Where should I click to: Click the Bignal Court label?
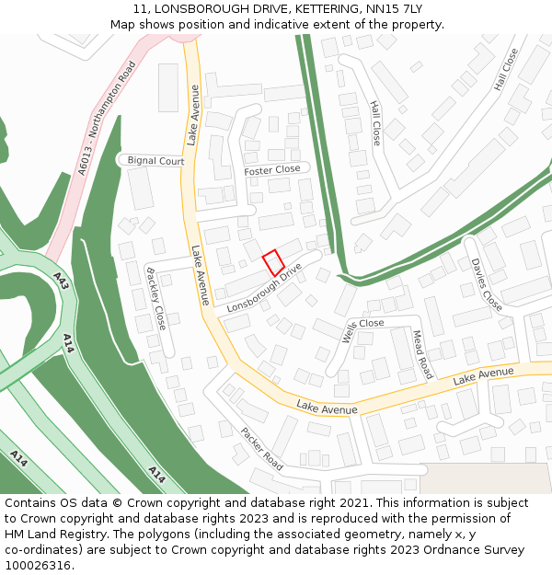[x=155, y=161]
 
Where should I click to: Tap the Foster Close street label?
[x=272, y=170]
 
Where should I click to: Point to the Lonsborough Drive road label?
[x=265, y=288]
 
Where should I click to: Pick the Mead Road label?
[x=422, y=355]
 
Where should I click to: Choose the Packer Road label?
[x=261, y=449]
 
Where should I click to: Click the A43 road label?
[x=61, y=281]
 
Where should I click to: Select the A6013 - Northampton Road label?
[x=107, y=118]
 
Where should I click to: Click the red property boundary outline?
[x=273, y=263]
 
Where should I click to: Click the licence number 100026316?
[x=38, y=566]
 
